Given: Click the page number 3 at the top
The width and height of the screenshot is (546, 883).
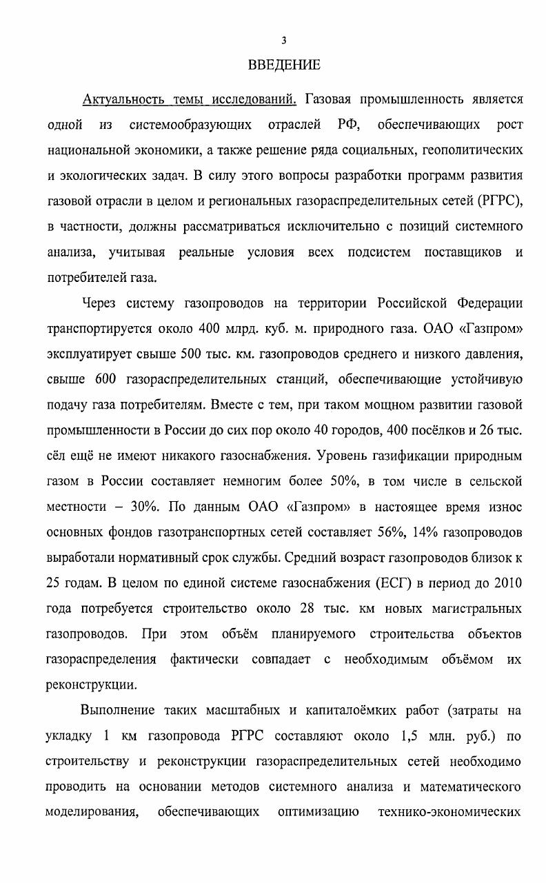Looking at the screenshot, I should (x=274, y=41).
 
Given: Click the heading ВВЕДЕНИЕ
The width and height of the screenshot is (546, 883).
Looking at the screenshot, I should (x=284, y=65).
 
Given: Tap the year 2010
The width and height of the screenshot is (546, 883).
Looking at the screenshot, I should (x=508, y=583).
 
